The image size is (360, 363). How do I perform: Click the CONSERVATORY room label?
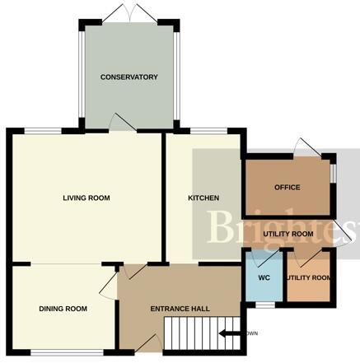(129, 77)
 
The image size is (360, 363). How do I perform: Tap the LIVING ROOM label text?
(87, 198)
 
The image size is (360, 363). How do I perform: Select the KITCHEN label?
(203, 198)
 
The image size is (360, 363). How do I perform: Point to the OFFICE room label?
(288, 188)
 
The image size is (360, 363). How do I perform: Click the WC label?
(264, 277)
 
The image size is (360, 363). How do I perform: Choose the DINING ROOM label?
(63, 309)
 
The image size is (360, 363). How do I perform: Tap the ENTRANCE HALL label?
(180, 309)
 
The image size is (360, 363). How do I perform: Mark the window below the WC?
(264, 304)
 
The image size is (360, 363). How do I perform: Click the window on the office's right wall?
(333, 174)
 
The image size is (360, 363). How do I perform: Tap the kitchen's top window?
(203, 131)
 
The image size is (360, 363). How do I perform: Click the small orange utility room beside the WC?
(309, 277)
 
